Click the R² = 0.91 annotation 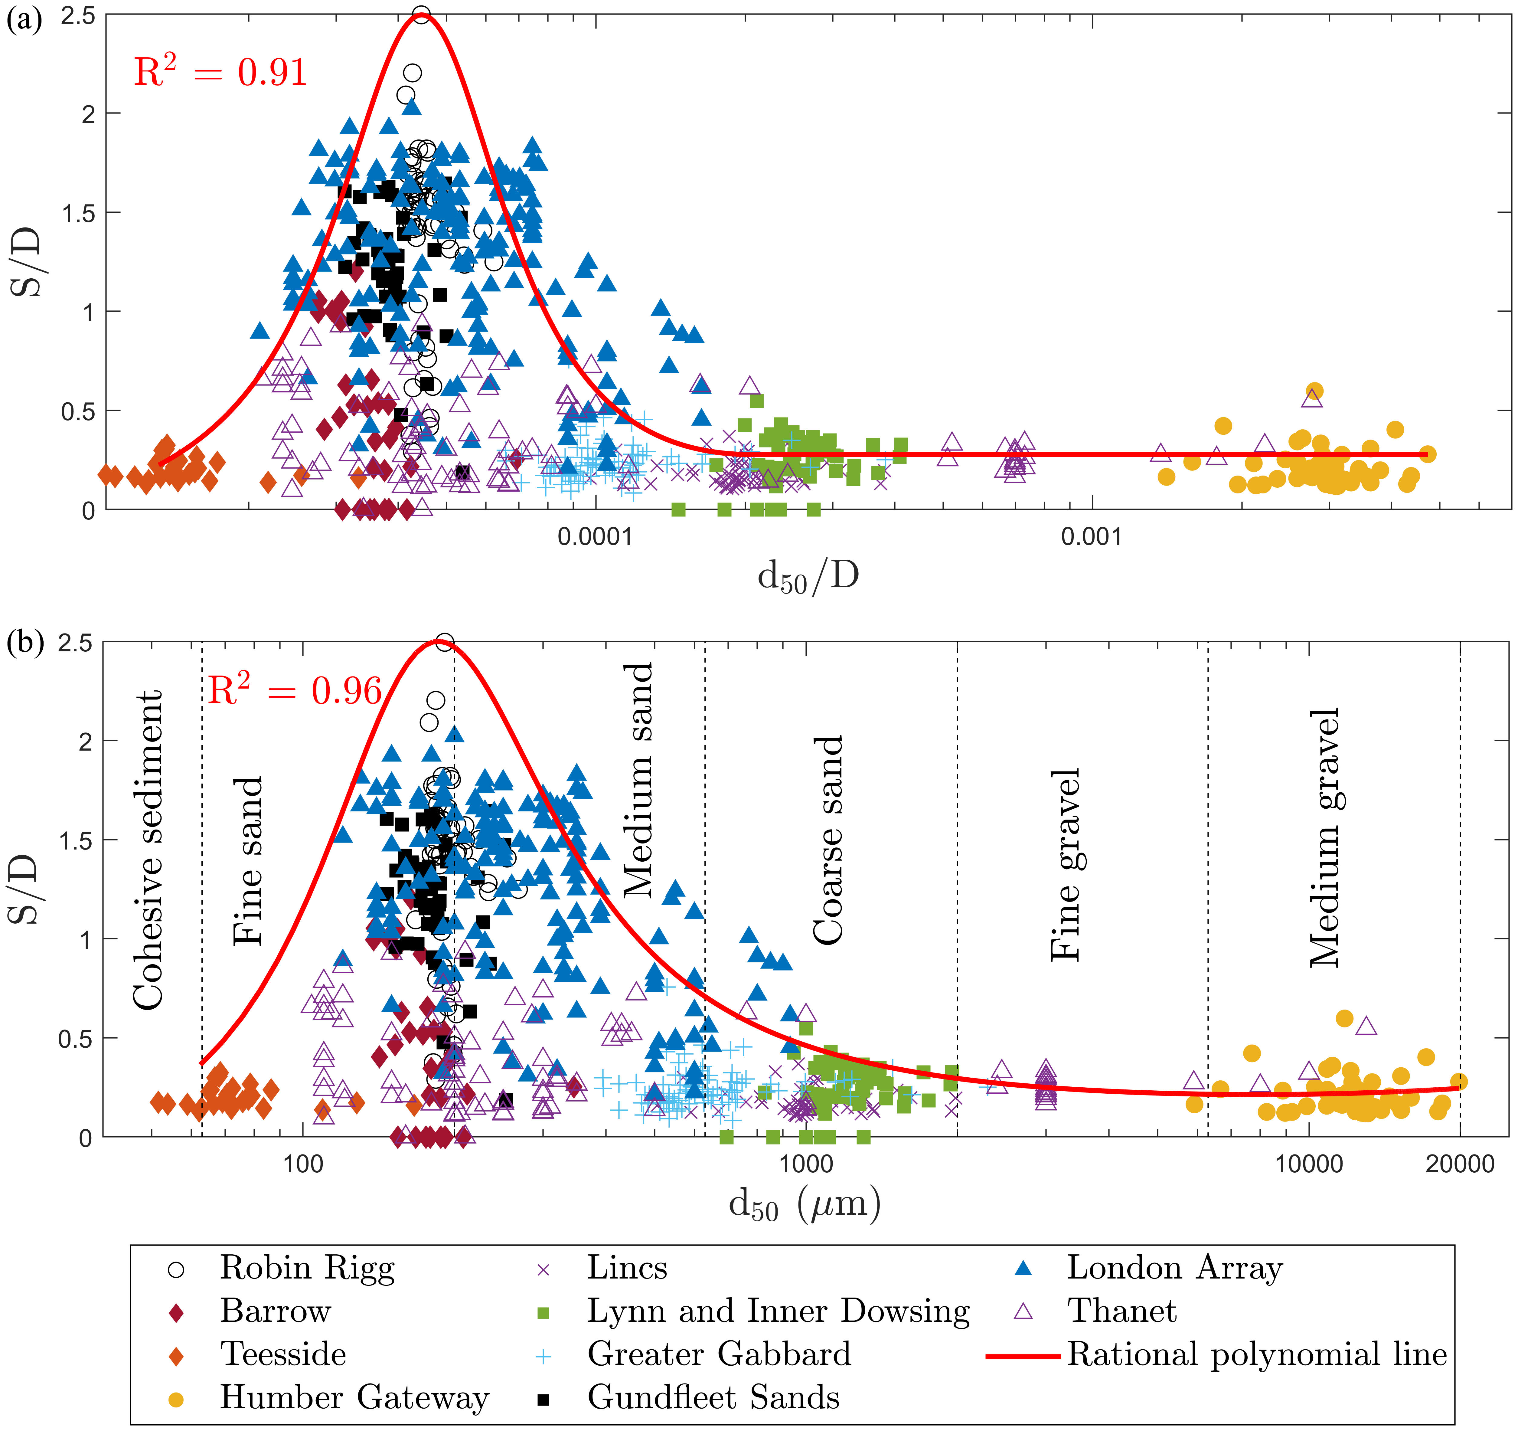tap(220, 73)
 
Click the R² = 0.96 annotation tap(294, 691)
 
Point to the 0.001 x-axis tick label tap(1092, 537)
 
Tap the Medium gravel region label tap(1325, 838)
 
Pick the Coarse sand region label tap(828, 840)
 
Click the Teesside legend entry tap(282, 1355)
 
